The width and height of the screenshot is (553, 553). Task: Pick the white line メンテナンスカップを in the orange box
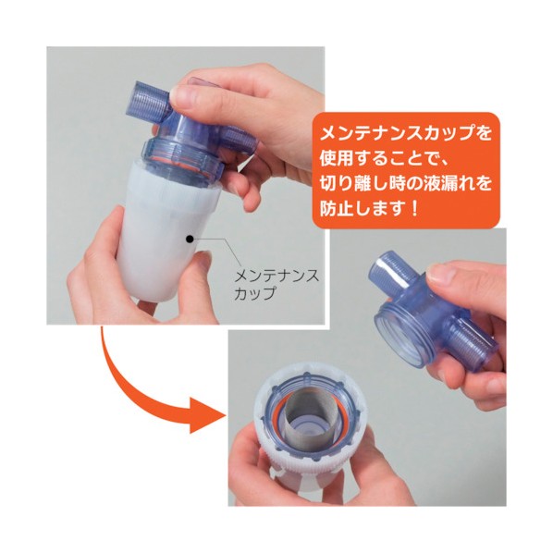coord(404,130)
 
